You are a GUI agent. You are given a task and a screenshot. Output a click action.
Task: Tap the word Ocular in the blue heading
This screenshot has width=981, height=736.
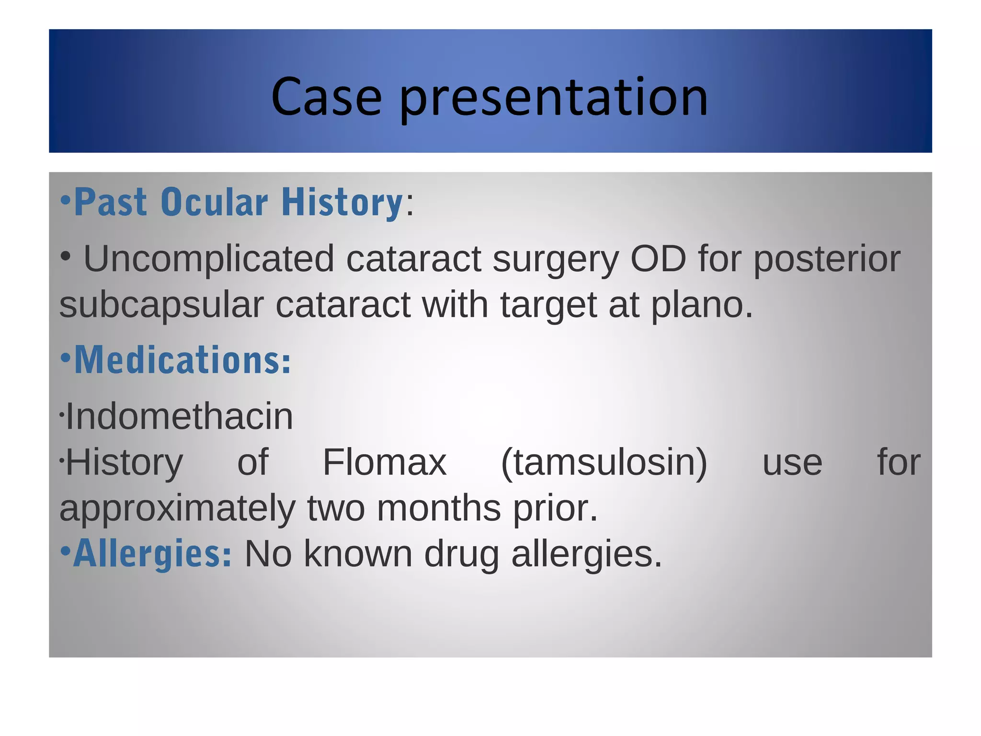(x=214, y=202)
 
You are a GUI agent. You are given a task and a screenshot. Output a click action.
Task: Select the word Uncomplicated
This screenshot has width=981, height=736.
(x=209, y=259)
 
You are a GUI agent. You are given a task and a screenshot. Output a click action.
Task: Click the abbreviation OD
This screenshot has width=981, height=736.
(x=658, y=259)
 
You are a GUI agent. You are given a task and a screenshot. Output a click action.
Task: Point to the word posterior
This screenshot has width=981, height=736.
(x=827, y=259)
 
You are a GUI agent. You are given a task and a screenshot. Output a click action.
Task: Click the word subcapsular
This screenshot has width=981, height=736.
(x=161, y=305)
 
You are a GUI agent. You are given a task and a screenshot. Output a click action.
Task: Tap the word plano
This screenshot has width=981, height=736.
(x=702, y=305)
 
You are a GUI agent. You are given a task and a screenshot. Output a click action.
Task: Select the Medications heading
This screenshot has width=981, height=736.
(x=182, y=360)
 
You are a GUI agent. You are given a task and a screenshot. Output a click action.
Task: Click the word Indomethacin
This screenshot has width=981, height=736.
(x=179, y=416)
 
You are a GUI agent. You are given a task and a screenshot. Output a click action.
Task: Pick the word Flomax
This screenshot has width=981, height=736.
(x=384, y=462)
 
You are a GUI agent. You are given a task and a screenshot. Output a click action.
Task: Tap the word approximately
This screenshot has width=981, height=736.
(x=177, y=508)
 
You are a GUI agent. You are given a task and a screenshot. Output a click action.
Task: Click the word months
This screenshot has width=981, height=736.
(x=438, y=508)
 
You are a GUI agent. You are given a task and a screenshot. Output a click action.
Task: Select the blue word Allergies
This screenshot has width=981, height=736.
(x=152, y=553)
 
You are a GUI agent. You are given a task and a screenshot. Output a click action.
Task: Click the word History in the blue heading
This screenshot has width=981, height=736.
(x=342, y=202)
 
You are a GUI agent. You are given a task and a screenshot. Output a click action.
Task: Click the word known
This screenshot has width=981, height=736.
(x=358, y=553)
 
